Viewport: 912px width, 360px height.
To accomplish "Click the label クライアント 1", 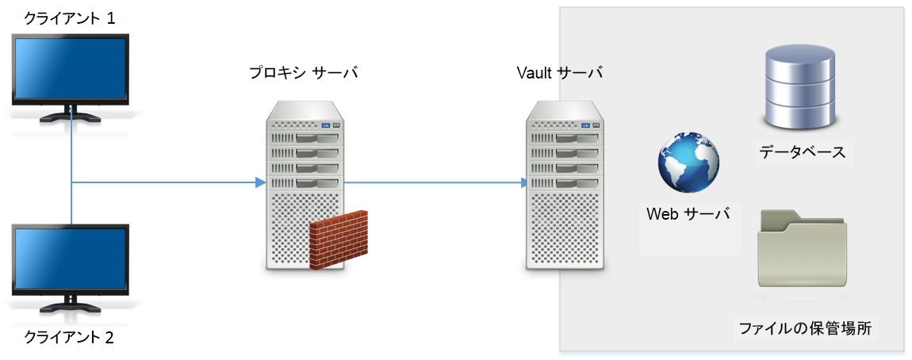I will pyautogui.click(x=70, y=18).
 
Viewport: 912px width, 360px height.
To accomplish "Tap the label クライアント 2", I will pyautogui.click(x=70, y=337).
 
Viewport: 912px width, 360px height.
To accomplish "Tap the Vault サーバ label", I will pyautogui.click(x=560, y=73).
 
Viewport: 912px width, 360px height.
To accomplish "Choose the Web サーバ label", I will pyautogui.click(x=688, y=213).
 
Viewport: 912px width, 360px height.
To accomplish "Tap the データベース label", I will pyautogui.click(x=802, y=151).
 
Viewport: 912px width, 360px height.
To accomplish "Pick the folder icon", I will pyautogui.click(x=802, y=250).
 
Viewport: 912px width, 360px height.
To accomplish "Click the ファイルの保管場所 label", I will pyautogui.click(x=805, y=328).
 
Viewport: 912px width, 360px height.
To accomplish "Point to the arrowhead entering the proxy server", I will pyautogui.click(x=259, y=183).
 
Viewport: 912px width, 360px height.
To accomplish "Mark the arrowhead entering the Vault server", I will pyautogui.click(x=524, y=183).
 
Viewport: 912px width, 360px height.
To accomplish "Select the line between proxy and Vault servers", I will pyautogui.click(x=432, y=183).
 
